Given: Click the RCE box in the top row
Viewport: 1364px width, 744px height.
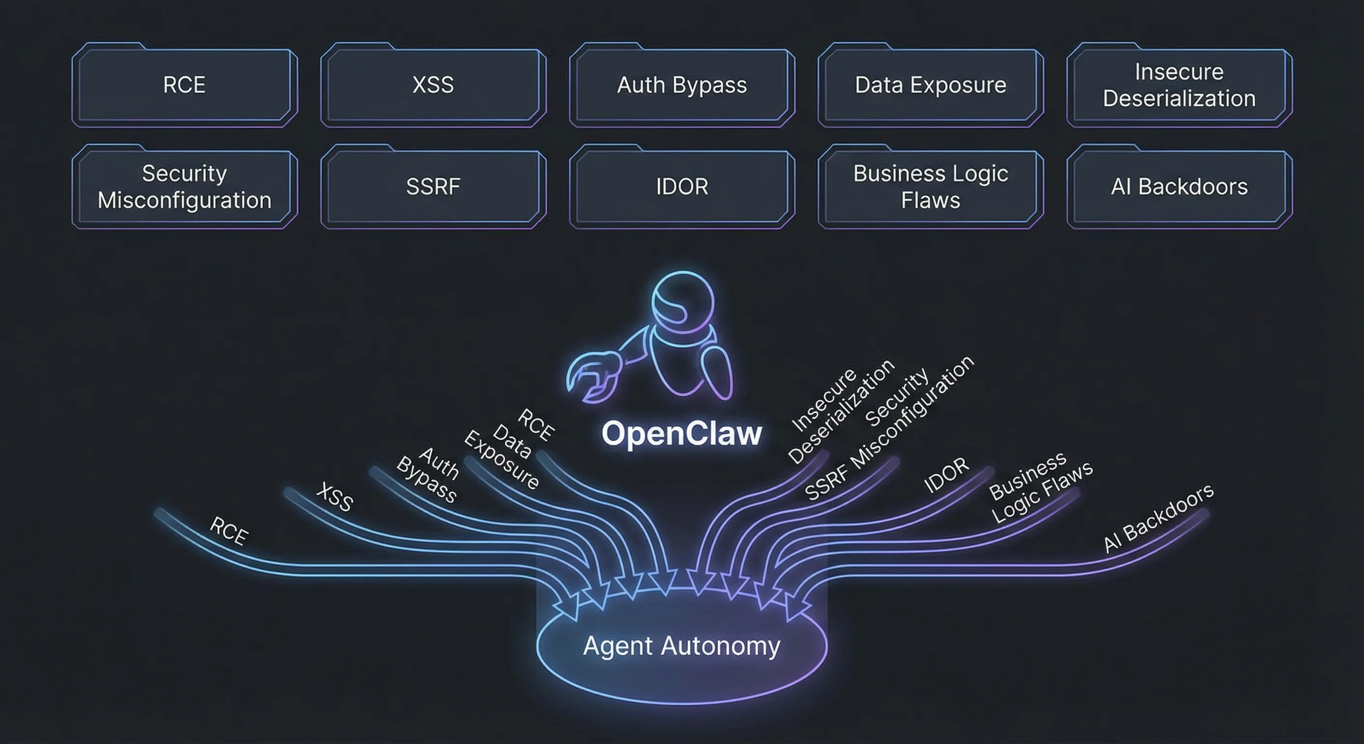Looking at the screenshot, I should (x=184, y=85).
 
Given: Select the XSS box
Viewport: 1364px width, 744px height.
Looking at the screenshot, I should (x=433, y=85).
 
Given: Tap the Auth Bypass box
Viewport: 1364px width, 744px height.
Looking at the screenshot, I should (x=682, y=85).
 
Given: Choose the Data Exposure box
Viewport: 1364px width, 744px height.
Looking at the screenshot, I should (x=930, y=85).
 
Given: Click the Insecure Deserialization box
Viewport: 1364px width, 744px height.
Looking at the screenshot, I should (x=1179, y=85).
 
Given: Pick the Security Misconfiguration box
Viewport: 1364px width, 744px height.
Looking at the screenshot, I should (x=184, y=186).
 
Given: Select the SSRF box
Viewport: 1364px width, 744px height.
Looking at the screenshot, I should (x=433, y=186).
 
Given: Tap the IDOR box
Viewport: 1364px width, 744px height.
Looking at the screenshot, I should (x=682, y=186).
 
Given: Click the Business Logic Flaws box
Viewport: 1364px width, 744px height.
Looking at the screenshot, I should (x=930, y=186).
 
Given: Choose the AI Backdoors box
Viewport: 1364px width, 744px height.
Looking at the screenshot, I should (x=1179, y=186).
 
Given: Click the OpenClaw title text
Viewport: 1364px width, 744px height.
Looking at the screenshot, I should (x=682, y=433).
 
